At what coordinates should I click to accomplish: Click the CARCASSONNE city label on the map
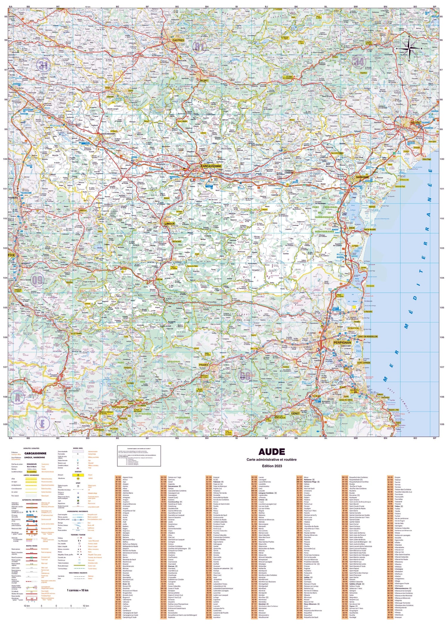pos(211,166)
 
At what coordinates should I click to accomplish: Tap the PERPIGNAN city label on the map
pos(342,343)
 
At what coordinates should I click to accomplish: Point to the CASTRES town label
pos(178,40)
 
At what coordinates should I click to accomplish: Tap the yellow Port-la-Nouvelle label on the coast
pos(370,229)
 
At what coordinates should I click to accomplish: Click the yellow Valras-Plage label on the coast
pos(427,159)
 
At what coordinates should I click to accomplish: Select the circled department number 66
pos(245,376)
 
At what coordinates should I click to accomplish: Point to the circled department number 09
pos(37,280)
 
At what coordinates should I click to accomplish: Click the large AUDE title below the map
pos(271,452)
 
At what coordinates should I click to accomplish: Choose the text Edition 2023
pos(271,466)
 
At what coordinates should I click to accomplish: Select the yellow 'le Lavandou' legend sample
pos(32,472)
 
